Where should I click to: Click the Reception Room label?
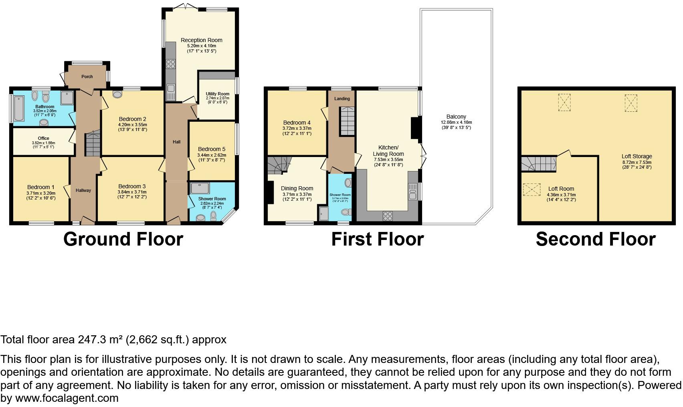tap(201, 40)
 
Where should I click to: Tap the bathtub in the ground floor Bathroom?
tap(19, 108)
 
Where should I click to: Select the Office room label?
tap(43, 138)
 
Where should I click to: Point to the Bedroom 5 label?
tap(211, 149)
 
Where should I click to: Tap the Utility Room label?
tap(218, 94)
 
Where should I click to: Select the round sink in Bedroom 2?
tap(118, 95)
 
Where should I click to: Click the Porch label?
tap(87, 77)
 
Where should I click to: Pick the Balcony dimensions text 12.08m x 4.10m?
tap(456, 122)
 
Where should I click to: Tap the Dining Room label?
tap(297, 188)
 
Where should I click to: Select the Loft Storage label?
tap(637, 156)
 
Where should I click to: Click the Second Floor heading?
tap(595, 239)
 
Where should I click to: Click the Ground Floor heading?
tap(123, 239)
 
